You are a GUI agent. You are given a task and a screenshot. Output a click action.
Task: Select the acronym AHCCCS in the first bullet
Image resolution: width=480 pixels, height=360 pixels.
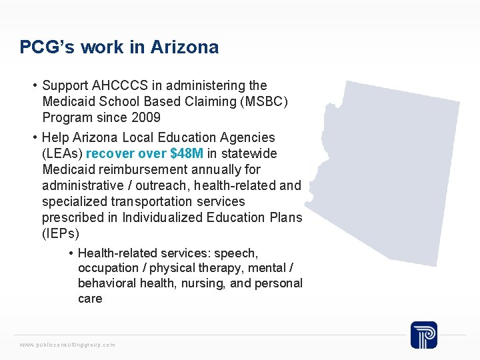119,85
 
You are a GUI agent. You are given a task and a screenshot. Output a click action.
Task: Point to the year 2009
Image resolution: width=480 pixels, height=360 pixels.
146,117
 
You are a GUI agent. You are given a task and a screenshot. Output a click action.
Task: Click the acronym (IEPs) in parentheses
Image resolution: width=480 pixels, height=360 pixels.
61,233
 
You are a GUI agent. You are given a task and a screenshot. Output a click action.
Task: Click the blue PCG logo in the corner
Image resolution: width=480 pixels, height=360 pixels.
423,334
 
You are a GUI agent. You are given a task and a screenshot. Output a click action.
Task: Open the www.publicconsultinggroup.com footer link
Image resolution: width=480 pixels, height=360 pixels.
67,345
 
